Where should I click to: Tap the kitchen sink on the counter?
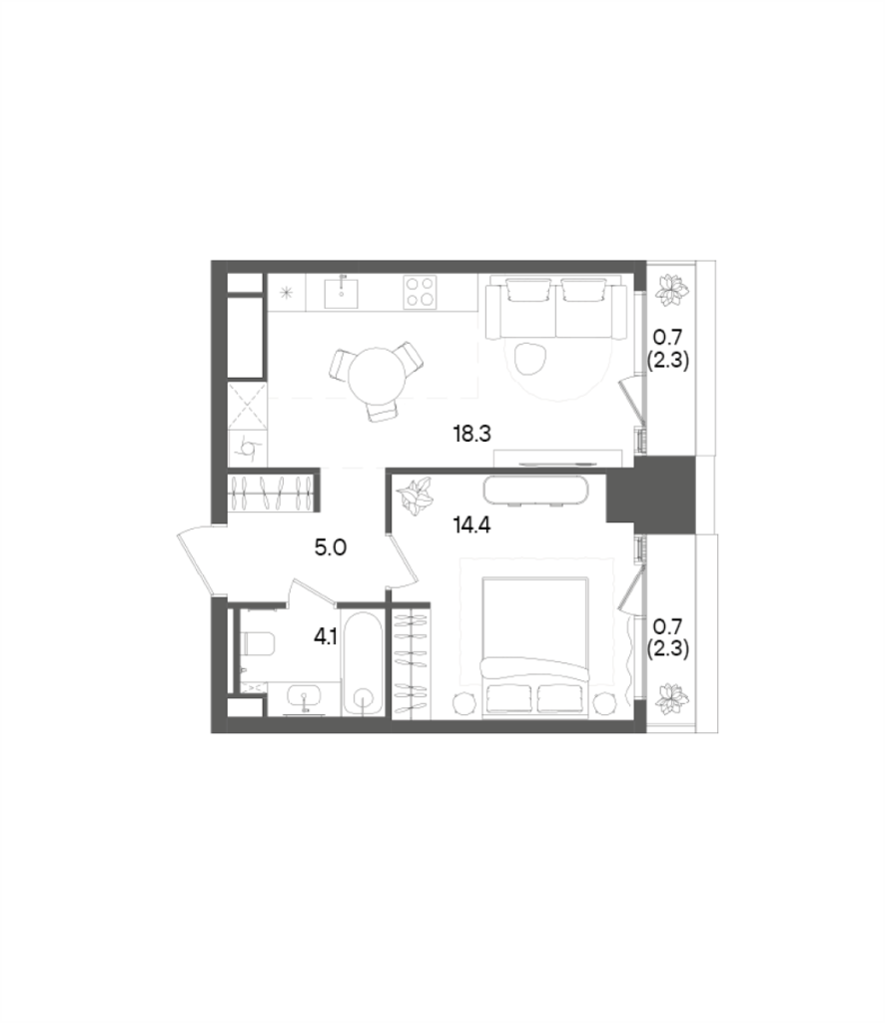(344, 290)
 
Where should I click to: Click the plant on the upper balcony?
(672, 292)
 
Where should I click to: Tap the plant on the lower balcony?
(672, 699)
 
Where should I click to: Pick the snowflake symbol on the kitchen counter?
(288, 292)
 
